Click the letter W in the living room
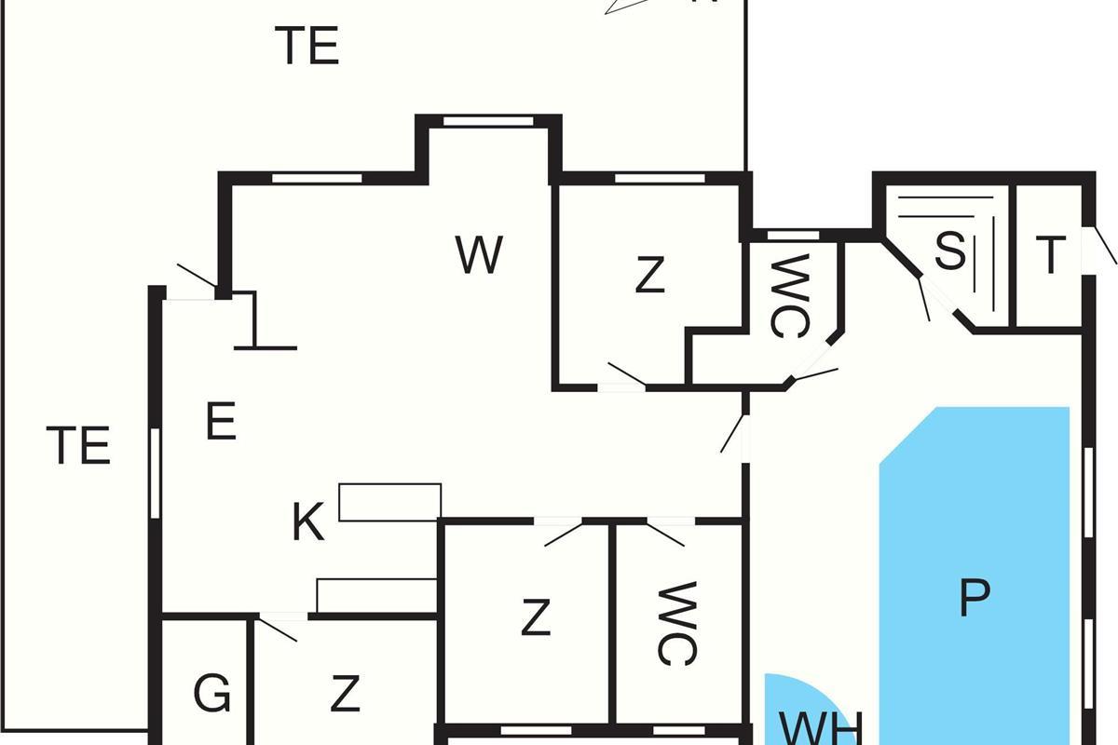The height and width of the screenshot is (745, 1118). pyautogui.click(x=480, y=254)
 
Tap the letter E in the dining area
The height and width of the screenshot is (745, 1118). pyautogui.click(x=221, y=424)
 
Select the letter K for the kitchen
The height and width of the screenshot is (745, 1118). pyautogui.click(x=308, y=523)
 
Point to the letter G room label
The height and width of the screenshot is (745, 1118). pyautogui.click(x=211, y=694)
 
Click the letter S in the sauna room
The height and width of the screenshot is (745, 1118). pyautogui.click(x=949, y=251)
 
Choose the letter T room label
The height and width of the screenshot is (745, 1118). pyautogui.click(x=1051, y=255)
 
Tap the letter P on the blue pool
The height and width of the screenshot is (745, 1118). pyautogui.click(x=974, y=599)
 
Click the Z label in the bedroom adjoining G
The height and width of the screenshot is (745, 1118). pyautogui.click(x=346, y=694)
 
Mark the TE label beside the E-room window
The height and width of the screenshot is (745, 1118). pyautogui.click(x=79, y=445)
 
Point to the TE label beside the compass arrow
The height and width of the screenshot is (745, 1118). pyautogui.click(x=307, y=46)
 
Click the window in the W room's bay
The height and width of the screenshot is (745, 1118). pyautogui.click(x=488, y=120)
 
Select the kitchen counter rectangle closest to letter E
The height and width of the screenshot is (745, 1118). pyautogui.click(x=389, y=502)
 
